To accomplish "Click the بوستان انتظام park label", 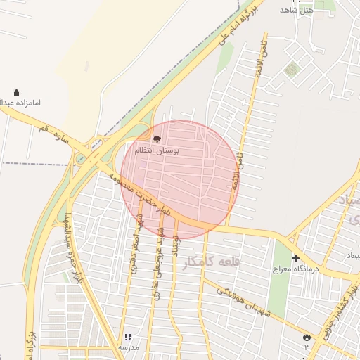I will click(x=157, y=150).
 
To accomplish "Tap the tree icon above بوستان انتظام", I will click(x=156, y=139).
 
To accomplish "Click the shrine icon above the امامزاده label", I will click(x=16, y=92).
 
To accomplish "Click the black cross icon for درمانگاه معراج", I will click(x=295, y=259).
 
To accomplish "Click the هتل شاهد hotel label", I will click(x=296, y=9).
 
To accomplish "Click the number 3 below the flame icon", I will click(x=307, y=347).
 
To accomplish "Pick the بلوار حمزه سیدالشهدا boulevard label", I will click(x=68, y=246).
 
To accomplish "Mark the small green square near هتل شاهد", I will click(x=291, y=69).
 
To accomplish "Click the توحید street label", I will click(x=177, y=244).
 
